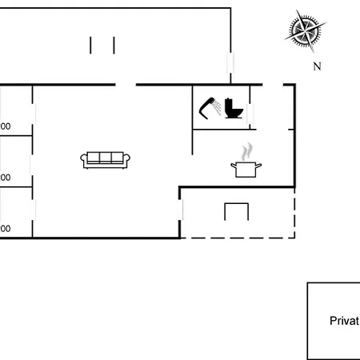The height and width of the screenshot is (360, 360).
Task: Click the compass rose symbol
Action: tap(305, 30)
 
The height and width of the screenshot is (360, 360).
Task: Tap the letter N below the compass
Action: tap(317, 66)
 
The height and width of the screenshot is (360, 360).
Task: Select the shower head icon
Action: tap(210, 106)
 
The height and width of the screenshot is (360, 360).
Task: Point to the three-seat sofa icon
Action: tap(106, 158)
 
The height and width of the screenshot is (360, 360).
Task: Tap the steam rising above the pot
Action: tap(248, 150)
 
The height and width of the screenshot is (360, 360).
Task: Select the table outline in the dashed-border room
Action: tap(237, 210)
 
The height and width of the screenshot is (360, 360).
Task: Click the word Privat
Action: tap(344, 321)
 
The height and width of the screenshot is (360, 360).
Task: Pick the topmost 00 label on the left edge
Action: tap(5, 126)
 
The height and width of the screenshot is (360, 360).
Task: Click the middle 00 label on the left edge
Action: tap(5, 178)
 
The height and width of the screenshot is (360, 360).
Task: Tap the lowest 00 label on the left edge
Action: tap(5, 229)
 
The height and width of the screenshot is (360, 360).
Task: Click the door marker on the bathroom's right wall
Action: tap(250, 114)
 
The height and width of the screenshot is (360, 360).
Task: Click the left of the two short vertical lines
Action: tap(91, 45)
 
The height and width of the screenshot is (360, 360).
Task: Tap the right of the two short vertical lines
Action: tap(114, 45)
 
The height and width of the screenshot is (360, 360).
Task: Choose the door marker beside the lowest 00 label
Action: tap(33, 212)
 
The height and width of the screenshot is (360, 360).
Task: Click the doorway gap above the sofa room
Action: tap(126, 83)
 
